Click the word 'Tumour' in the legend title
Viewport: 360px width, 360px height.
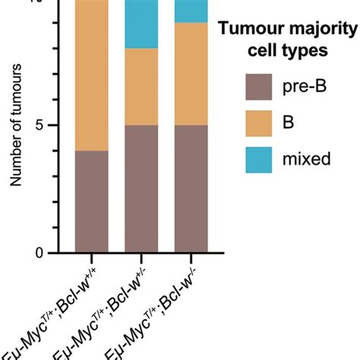247,30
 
